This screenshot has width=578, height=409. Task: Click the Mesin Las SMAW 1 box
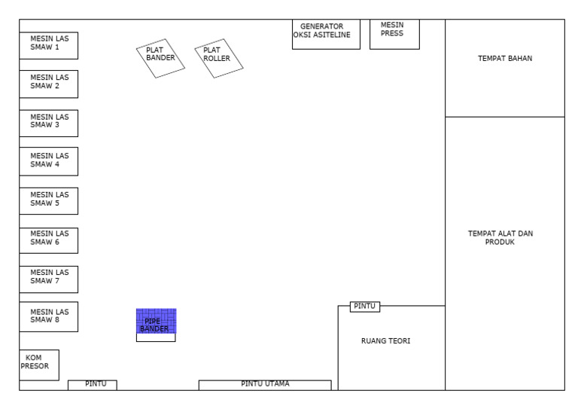[49, 45]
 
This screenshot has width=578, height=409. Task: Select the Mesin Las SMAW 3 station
[49, 124]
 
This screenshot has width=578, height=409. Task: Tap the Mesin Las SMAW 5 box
[49, 201]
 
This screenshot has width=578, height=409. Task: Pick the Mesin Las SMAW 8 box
[49, 317]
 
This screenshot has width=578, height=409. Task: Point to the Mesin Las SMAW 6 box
[49, 240]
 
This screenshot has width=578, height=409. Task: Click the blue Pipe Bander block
[157, 321]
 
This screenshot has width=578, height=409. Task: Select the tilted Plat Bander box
[160, 58]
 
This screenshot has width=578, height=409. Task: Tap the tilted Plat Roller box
[219, 58]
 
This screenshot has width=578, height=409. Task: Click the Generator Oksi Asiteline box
[326, 34]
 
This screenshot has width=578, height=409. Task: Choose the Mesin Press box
[394, 34]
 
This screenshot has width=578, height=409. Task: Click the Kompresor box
[39, 365]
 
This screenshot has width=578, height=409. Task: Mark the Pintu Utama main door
[265, 385]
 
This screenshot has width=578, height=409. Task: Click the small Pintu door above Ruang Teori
[364, 307]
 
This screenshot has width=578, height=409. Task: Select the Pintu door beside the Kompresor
[93, 385]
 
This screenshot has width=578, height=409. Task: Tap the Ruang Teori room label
[385, 340]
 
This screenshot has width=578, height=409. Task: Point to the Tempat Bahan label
[505, 58]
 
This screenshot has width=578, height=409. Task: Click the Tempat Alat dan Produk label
[500, 237]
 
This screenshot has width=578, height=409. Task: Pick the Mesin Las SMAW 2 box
[49, 84]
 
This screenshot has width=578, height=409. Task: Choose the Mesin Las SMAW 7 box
[49, 279]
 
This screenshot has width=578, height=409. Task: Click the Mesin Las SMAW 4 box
[49, 161]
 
